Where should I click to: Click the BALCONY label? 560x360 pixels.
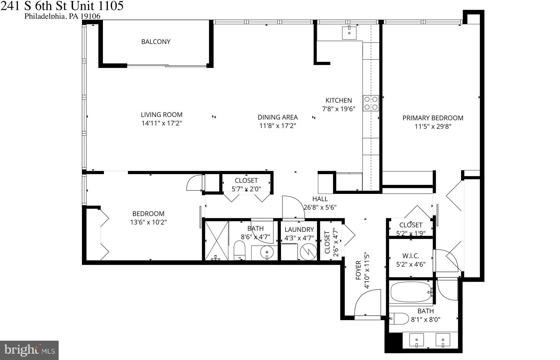tap(156, 42)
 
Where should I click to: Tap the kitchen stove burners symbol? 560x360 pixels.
tap(371, 103)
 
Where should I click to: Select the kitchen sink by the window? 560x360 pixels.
tap(349, 33)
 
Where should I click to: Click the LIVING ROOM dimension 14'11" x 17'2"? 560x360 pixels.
tap(162, 123)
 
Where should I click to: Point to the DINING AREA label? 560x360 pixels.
tap(278, 117)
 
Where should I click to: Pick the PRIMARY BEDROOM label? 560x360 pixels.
tap(433, 118)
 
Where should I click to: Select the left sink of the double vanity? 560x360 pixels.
tap(416, 340)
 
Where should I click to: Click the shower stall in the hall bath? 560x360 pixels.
tap(217, 241)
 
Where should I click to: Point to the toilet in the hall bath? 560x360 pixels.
tap(239, 250)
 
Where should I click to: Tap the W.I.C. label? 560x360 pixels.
tap(411, 256)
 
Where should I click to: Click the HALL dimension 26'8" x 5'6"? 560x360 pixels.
tap(320, 207)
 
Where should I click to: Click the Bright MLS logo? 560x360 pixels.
tap(29, 350)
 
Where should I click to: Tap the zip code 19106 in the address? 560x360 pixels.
tap(90, 16)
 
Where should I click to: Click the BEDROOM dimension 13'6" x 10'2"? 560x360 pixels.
tap(149, 222)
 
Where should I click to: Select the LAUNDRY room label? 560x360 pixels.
tap(299, 229)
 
